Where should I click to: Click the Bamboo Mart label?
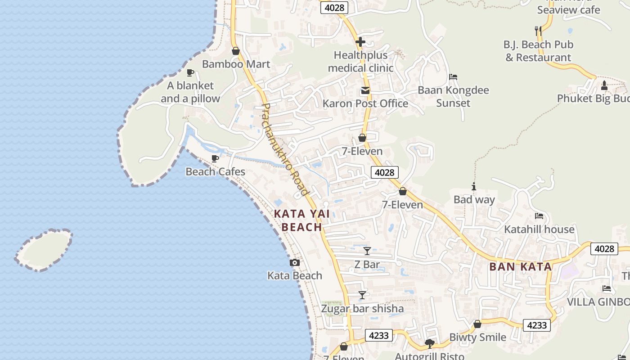coord(236,64)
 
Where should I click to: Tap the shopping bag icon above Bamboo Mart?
coord(235,51)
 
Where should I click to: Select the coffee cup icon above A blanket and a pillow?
coord(190,72)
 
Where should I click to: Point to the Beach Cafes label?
coord(216,172)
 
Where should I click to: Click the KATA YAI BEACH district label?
coord(302,220)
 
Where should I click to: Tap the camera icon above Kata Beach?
coord(295,262)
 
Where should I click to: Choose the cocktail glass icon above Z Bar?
coord(367,251)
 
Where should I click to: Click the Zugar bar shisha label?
coord(362,309)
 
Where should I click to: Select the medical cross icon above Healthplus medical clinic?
coord(360,42)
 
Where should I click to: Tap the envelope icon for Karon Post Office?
coord(365,91)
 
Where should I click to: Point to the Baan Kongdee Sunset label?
coord(453,96)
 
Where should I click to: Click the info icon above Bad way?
coord(473,186)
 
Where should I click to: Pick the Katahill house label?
coord(539,229)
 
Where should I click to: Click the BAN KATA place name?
coord(520,267)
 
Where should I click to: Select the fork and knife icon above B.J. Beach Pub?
coord(538,31)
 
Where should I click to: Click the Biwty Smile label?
coord(477,337)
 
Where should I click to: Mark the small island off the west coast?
coord(44,250)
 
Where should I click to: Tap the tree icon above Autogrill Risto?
coord(430,344)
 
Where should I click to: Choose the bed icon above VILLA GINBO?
coord(607,288)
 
